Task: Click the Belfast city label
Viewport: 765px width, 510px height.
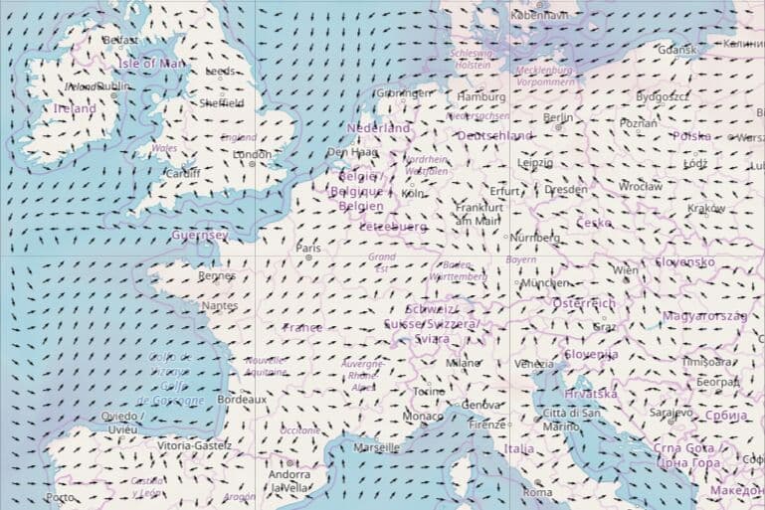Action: (x=120, y=40)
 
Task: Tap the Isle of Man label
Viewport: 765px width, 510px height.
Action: (x=151, y=64)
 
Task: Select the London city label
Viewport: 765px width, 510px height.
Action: (x=252, y=154)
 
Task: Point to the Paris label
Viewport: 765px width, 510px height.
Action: (x=308, y=248)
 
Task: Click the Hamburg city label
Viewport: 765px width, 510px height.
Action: (x=481, y=96)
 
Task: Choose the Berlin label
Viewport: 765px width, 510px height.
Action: (x=558, y=117)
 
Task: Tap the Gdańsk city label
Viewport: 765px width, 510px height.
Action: (x=677, y=49)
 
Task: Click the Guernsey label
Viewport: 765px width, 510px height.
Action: (x=200, y=236)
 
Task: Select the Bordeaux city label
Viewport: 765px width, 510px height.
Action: (x=242, y=399)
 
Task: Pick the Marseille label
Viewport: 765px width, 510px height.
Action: (x=376, y=447)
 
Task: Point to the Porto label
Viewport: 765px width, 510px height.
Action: (x=60, y=497)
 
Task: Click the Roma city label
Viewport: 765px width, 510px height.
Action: (x=537, y=492)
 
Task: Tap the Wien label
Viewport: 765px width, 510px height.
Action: (x=626, y=269)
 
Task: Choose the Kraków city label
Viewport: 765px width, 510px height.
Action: (x=706, y=208)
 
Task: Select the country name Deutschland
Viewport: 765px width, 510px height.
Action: (x=494, y=135)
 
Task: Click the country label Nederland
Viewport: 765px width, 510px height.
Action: (x=378, y=128)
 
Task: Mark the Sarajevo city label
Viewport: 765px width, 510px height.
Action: (x=670, y=412)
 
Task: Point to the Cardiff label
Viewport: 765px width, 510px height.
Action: (x=182, y=172)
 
